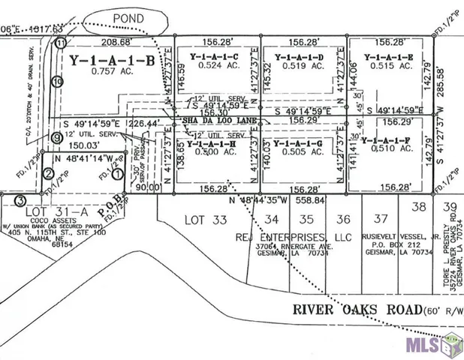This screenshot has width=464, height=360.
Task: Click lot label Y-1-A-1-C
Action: [213, 57]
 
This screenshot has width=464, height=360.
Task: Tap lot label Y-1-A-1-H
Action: [212, 142]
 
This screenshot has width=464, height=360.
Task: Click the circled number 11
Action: [61, 43]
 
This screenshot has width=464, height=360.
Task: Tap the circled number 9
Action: [56, 137]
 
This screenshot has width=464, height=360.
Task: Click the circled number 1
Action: [117, 174]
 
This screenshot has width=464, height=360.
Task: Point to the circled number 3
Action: [20, 200]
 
